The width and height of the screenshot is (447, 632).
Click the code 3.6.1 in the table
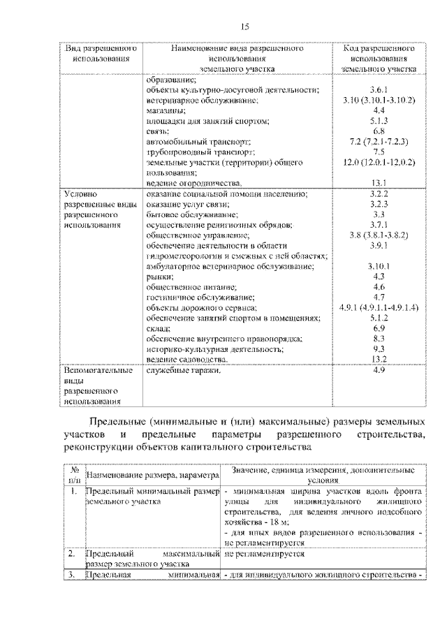pyautogui.click(x=379, y=91)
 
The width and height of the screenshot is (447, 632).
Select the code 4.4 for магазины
pyautogui.click(x=379, y=110)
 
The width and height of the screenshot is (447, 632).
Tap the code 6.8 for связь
pyautogui.click(x=379, y=131)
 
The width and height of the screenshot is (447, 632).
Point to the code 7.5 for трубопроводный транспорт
pyautogui.click(x=379, y=151)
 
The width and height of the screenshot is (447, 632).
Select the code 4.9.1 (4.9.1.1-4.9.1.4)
pyautogui.click(x=379, y=307)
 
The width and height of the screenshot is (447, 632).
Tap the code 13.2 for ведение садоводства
pyautogui.click(x=379, y=358)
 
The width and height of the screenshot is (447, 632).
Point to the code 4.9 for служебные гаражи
pyautogui.click(x=379, y=369)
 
